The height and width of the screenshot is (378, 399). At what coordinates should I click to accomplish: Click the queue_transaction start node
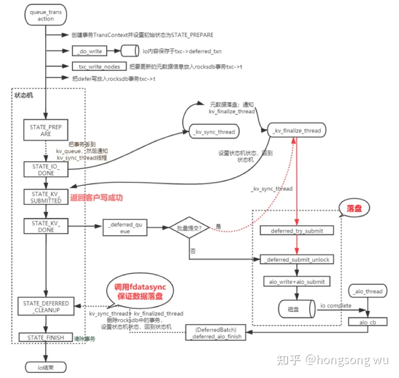[46, 15]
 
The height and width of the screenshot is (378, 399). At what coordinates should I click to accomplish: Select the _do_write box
[89, 52]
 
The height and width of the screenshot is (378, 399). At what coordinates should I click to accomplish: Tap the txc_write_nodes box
[99, 67]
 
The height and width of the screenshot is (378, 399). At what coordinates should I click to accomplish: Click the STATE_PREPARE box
[46, 131]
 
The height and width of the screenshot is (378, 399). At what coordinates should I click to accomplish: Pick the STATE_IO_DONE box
[46, 170]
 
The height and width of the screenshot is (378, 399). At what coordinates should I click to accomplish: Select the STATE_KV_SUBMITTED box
[46, 197]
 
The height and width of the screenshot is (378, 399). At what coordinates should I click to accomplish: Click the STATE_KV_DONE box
[46, 226]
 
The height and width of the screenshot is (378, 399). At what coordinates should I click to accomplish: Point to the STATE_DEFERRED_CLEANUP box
[46, 307]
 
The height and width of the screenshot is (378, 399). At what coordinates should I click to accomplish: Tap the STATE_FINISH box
[46, 338]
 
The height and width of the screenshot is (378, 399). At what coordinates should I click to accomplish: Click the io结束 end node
[46, 367]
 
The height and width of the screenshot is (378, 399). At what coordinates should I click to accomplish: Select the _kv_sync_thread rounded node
[214, 131]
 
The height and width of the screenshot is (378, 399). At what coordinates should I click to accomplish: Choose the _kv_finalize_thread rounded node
[296, 130]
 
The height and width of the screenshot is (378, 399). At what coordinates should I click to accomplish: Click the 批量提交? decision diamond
[189, 228]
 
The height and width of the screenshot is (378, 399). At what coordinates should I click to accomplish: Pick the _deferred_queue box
[125, 228]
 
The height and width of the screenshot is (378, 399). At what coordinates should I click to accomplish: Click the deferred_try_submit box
[297, 231]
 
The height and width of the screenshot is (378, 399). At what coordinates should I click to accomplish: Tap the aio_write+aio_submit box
[297, 282]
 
